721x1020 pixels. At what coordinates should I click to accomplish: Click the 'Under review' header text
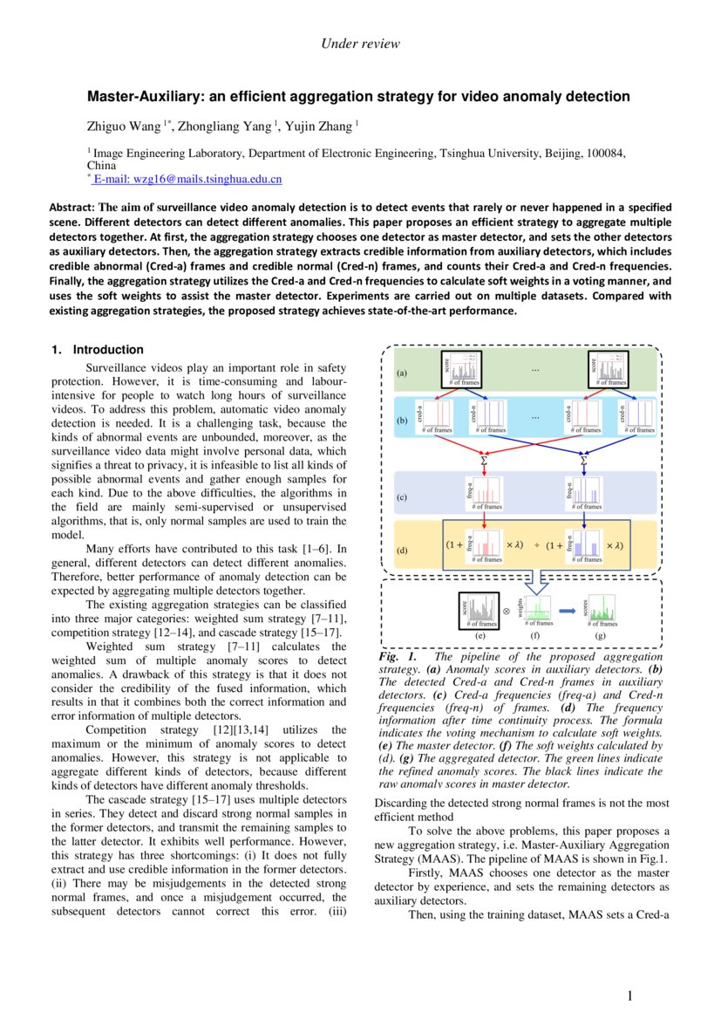(360, 44)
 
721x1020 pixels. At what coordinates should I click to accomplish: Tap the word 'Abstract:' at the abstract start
(72, 208)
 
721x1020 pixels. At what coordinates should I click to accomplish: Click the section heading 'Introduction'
(108, 350)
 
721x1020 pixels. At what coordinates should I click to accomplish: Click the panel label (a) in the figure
(402, 373)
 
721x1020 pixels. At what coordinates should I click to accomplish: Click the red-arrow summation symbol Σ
(484, 459)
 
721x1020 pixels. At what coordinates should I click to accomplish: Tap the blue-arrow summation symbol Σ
(583, 459)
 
